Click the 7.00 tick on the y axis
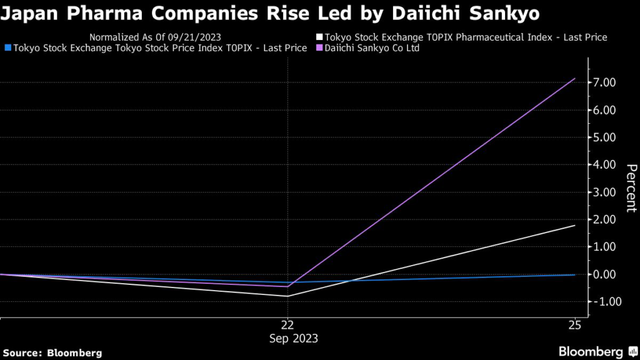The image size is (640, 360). tap(604, 82)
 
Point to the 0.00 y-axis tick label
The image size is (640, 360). tap(604, 274)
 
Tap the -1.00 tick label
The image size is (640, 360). tap(603, 302)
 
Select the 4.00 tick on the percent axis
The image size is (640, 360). tap(604, 165)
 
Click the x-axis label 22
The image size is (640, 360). tap(287, 325)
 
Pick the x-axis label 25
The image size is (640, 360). tap(575, 325)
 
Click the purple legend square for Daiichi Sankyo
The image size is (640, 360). tap(319, 48)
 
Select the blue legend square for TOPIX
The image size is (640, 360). tap(7, 48)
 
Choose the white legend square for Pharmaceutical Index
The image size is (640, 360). tap(319, 37)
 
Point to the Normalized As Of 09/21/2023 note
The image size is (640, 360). tap(155, 37)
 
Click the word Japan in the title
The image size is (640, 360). tap(25, 12)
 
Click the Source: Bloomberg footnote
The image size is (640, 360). tap(52, 353)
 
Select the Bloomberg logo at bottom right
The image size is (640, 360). tap(596, 351)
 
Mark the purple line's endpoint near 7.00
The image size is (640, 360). tap(575, 79)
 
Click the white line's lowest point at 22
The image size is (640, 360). tap(287, 296)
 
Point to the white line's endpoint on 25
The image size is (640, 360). tap(575, 225)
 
